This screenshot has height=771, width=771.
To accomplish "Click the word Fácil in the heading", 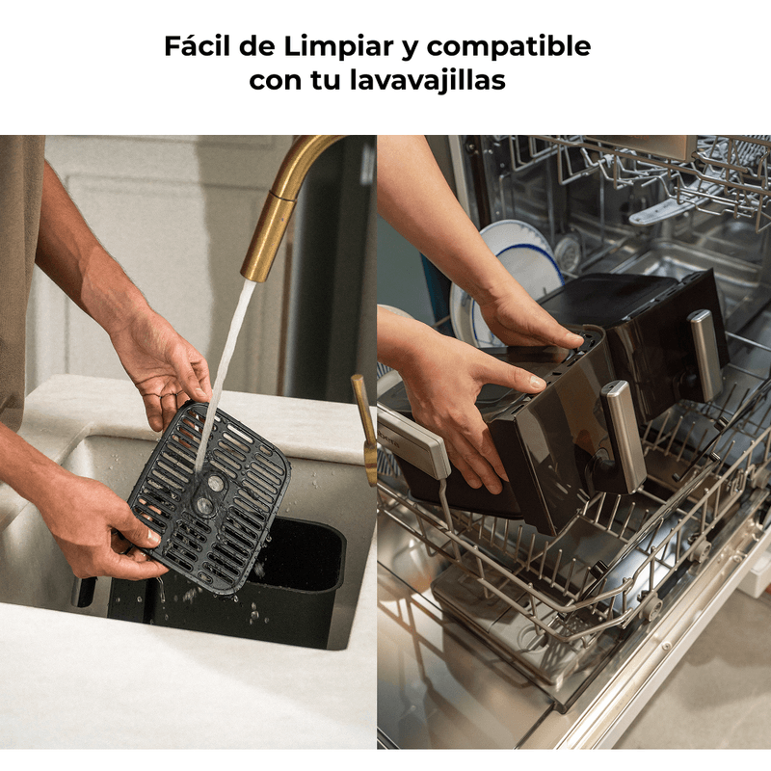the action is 197,45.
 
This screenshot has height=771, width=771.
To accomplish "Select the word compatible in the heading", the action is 509,47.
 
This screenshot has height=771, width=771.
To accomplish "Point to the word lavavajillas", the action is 427,80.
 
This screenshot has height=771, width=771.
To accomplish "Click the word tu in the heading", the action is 326,81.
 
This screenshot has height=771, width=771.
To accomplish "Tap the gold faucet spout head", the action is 268,236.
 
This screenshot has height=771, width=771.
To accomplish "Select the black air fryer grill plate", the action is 209,496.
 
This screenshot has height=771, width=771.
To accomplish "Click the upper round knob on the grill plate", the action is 215,483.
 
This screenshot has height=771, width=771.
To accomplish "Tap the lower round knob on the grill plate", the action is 204,504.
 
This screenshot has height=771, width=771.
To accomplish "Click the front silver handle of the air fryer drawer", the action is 624,437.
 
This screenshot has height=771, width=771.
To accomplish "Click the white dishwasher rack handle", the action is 414,441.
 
